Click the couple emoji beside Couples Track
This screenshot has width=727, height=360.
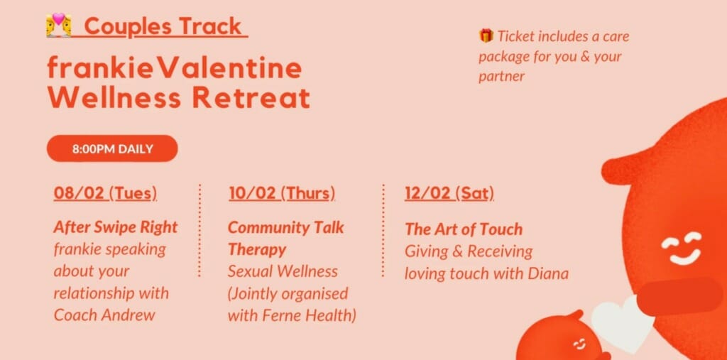pyautogui.click(x=59, y=25)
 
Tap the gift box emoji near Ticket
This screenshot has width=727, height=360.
pyautogui.click(x=486, y=36)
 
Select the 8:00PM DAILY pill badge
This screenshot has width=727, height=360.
pyautogui.click(x=112, y=149)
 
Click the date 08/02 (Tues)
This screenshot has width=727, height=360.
pyautogui.click(x=105, y=193)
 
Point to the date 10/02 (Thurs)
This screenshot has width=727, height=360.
pyautogui.click(x=282, y=193)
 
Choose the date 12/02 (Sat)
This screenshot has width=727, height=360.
pyautogui.click(x=449, y=193)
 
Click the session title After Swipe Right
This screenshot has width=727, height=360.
pyautogui.click(x=116, y=227)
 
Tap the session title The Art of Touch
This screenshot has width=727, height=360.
pyautogui.click(x=464, y=229)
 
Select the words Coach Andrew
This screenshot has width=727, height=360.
pyautogui.click(x=105, y=315)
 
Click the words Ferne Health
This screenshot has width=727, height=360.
pyautogui.click(x=310, y=316)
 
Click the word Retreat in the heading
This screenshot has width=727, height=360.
pyautogui.click(x=251, y=98)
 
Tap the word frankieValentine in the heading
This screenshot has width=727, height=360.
pyautogui.click(x=175, y=69)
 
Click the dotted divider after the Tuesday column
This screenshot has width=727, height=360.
pyautogui.click(x=199, y=230)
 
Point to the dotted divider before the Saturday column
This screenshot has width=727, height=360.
pyautogui.click(x=383, y=230)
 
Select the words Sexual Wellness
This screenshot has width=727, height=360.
pyautogui.click(x=283, y=271)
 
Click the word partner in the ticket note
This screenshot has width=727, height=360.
pyautogui.click(x=502, y=77)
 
